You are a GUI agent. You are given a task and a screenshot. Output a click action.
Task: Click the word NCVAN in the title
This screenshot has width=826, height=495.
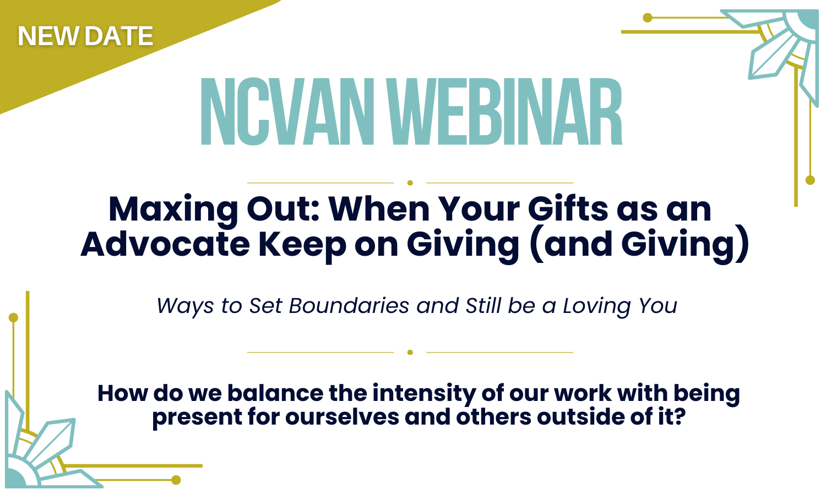coord(287,113)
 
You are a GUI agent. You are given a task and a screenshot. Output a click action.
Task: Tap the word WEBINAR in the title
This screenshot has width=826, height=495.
coord(509,113)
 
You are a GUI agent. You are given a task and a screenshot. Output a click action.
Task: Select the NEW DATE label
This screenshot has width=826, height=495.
coord(85,37)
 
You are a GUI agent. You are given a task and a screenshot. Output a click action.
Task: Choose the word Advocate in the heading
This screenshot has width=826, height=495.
coord(165,244)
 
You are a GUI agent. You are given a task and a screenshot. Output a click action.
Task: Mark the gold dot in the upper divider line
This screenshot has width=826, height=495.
coord(410,183)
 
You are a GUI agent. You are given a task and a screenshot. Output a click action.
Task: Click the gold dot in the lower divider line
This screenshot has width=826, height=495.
coord(410,353)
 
